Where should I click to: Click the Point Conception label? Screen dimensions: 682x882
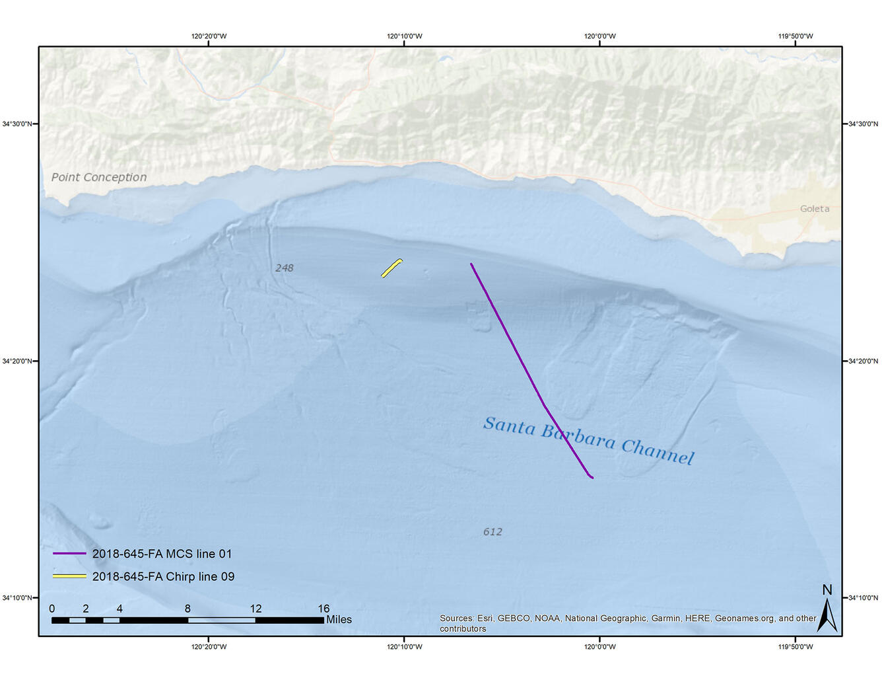(x=99, y=177)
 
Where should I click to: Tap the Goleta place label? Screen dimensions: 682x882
(x=814, y=209)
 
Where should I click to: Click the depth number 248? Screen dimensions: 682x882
(x=284, y=268)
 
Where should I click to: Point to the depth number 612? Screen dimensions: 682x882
(x=492, y=531)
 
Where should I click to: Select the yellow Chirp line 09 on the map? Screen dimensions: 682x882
(x=391, y=268)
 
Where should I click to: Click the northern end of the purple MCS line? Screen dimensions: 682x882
(x=471, y=264)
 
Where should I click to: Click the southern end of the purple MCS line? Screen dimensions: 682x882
(x=592, y=477)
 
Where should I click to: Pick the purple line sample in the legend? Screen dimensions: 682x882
(x=69, y=554)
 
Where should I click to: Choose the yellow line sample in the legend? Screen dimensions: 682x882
(x=69, y=576)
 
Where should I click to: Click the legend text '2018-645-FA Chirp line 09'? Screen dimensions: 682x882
(x=163, y=576)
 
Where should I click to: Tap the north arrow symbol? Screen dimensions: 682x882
(x=827, y=609)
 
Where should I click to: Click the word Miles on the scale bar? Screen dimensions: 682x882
(x=339, y=620)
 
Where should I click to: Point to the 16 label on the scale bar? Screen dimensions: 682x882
(x=323, y=609)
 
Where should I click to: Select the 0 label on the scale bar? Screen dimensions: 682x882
(x=52, y=609)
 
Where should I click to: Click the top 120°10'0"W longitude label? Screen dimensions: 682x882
(x=404, y=36)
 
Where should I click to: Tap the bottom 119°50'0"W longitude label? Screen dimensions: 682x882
(x=796, y=647)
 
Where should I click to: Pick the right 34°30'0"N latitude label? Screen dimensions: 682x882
(x=863, y=124)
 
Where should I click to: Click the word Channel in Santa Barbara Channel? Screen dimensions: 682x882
(x=658, y=451)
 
